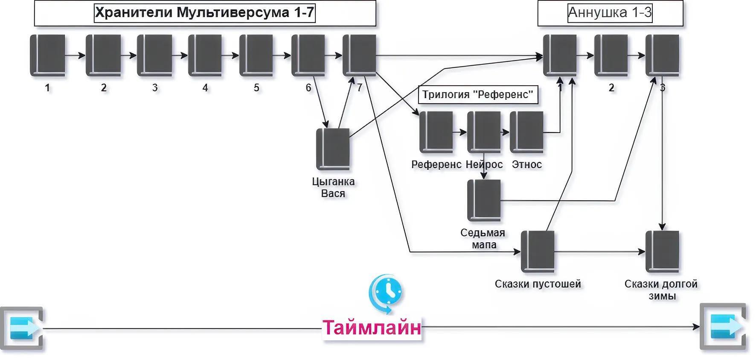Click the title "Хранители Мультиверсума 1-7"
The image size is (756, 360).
click(204, 13)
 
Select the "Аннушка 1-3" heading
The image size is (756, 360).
click(610, 13)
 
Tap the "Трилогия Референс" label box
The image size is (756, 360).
click(478, 94)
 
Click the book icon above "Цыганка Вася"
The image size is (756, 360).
click(333, 149)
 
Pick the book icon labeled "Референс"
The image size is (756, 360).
click(436, 132)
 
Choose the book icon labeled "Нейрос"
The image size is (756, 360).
click(484, 132)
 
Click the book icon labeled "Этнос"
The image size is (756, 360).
click(526, 132)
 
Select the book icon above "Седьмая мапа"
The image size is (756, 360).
click(484, 200)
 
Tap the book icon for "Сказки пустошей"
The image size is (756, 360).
click(538, 252)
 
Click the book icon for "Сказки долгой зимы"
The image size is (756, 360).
click(662, 252)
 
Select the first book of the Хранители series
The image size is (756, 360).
click(47, 55)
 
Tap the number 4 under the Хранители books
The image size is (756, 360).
click(205, 88)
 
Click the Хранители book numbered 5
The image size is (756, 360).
click(256, 55)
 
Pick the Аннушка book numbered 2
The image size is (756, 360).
click(611, 55)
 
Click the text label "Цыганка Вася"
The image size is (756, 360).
click(333, 187)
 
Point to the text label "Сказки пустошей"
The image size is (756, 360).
click(538, 284)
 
